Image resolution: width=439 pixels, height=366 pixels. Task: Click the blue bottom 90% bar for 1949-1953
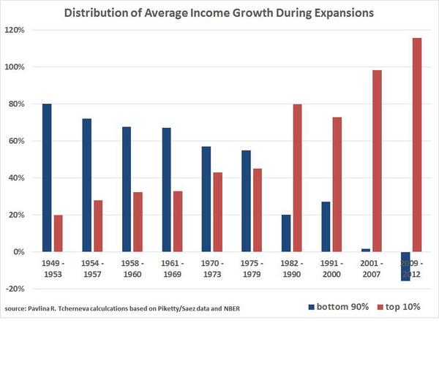coord(47,178)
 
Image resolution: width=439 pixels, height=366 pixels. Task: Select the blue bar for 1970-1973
coord(206,199)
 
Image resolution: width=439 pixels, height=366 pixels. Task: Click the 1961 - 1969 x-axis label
coord(173,268)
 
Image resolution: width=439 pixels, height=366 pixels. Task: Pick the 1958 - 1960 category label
coord(132,268)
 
